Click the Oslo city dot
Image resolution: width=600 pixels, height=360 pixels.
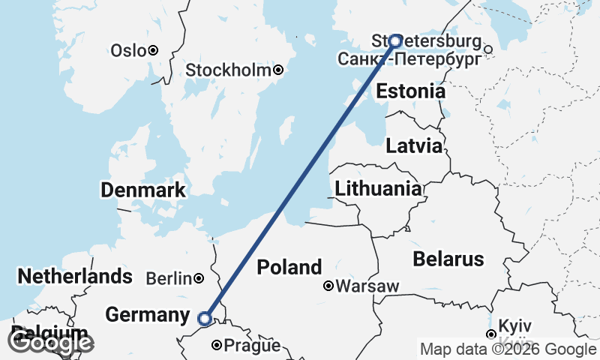click(152, 50)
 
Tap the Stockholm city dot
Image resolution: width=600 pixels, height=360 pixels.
click(278, 70)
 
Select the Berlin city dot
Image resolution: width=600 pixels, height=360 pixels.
click(198, 278)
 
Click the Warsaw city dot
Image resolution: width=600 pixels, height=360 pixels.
click(328, 286)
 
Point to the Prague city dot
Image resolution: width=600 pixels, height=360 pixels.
click(217, 346)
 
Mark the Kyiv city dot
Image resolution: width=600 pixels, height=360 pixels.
click(490, 334)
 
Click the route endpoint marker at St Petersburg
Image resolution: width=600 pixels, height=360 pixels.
click(394, 40)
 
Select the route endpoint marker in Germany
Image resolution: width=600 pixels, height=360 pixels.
click(205, 319)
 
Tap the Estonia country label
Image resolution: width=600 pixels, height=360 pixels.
click(410, 91)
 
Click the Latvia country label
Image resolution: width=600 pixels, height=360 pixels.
click(414, 146)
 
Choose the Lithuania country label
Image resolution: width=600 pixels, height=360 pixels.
click(378, 188)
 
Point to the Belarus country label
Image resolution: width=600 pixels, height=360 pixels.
click(448, 259)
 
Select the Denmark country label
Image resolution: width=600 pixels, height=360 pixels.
click(143, 190)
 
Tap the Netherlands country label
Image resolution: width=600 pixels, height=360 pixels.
click(75, 276)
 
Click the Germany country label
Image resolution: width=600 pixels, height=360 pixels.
click(147, 316)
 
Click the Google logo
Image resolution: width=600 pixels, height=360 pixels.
click(51, 343)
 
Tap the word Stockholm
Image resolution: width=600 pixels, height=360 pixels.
click(228, 70)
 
